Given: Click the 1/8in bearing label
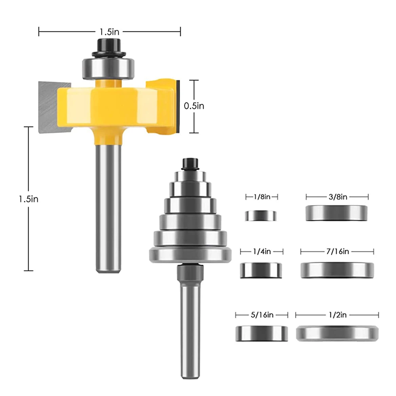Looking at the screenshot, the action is point(262,197).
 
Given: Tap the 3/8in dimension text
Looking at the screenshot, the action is point(338,197).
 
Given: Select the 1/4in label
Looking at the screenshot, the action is point(262,251).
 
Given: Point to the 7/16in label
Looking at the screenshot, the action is point(338,251).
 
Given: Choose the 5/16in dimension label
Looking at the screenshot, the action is point(262,315).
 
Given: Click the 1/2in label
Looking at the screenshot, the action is point(338,315).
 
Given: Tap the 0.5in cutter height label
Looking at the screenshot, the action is point(194,106).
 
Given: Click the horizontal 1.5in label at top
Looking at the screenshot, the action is point(109,32).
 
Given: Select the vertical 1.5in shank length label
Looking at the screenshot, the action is point(29,199).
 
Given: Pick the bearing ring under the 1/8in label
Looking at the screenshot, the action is point(261,216).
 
